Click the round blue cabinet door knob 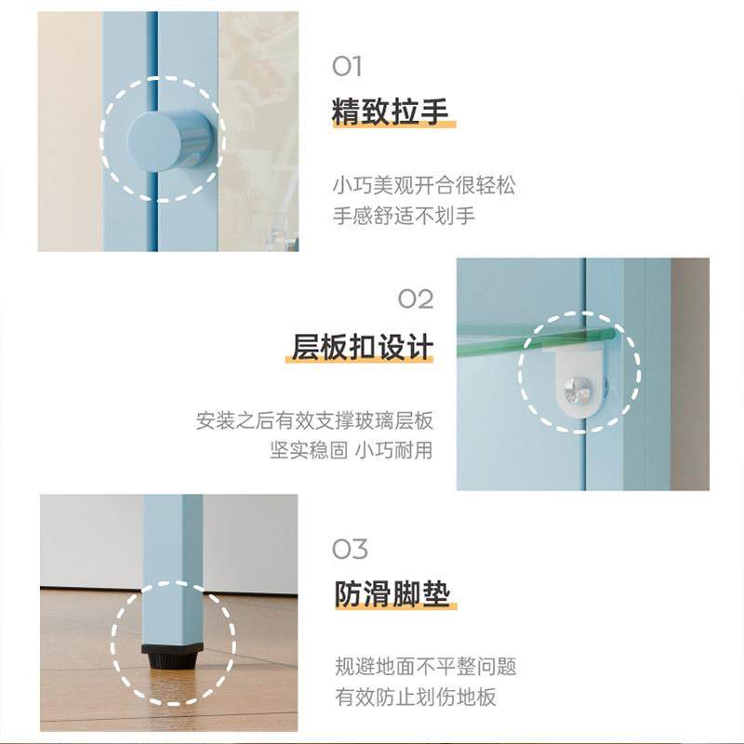point(166,141)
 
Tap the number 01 point(347,66)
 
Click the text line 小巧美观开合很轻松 point(423,186)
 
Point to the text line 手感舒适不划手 point(404,216)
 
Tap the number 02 point(416,299)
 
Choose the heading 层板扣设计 point(363,347)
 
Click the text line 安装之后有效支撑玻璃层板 point(314,420)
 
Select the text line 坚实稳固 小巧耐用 point(352,451)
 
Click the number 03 point(350,549)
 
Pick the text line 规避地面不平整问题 point(425,667)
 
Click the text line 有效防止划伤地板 point(415,697)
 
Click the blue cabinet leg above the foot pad point(173,567)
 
